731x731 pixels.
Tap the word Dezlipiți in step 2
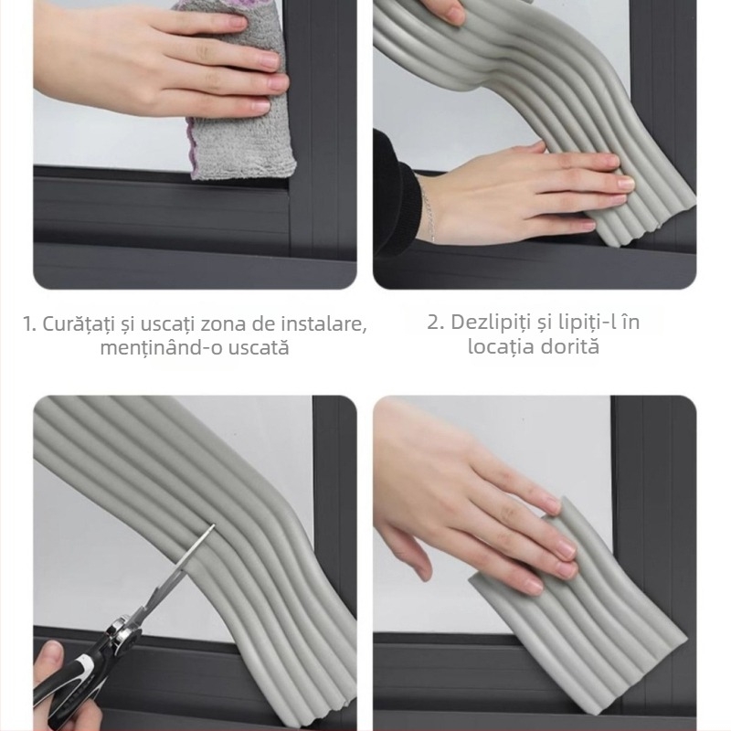click(493, 323)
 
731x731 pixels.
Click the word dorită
click(574, 347)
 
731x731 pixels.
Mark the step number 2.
click(435, 323)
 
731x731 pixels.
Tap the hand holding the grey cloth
click(155, 64)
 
